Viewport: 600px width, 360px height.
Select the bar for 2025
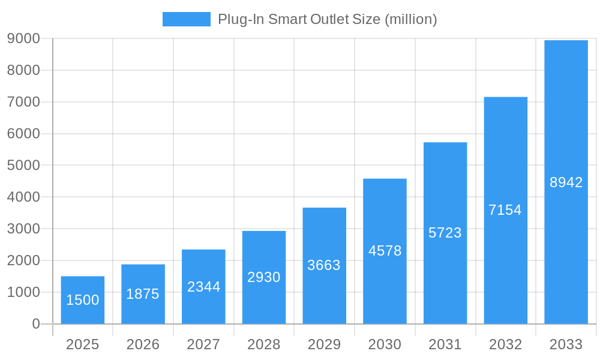83,300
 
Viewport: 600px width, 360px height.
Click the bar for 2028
264,277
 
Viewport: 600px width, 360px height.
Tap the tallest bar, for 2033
566,182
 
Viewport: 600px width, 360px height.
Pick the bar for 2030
385,251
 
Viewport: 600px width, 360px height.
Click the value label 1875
143,294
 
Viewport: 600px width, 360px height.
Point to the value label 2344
203,287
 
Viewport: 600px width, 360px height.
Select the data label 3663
324,265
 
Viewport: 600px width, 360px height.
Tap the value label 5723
445,233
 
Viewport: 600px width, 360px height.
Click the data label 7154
505,210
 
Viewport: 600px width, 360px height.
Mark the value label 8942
566,182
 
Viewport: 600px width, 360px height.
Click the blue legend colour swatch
187,19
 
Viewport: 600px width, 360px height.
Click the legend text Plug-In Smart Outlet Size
327,19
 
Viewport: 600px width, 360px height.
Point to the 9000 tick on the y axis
23,38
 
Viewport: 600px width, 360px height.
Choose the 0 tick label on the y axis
35,324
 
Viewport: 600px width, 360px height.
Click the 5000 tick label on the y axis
23,166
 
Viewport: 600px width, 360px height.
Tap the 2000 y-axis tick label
23,260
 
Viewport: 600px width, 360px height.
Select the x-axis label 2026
143,344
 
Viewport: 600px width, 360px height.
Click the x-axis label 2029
324,344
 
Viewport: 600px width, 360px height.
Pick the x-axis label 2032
505,344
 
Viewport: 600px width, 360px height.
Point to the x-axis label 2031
445,344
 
